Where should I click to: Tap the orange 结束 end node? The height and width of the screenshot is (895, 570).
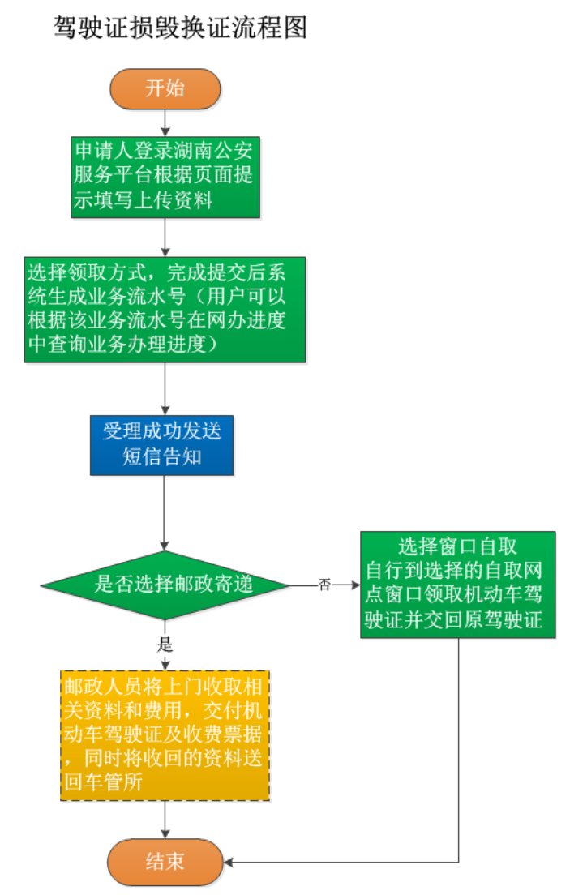(165, 862)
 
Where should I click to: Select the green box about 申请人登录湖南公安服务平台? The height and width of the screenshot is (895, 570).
(165, 177)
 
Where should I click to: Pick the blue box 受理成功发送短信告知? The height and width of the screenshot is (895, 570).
(161, 445)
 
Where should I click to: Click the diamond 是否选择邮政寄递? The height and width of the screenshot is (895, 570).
(165, 584)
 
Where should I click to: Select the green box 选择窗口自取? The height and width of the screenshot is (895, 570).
(458, 584)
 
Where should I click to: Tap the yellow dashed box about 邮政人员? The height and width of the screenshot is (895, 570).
(165, 735)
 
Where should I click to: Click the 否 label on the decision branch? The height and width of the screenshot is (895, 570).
(324, 585)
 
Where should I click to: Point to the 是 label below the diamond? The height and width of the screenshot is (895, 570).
(165, 645)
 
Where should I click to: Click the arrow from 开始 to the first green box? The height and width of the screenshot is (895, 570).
(165, 122)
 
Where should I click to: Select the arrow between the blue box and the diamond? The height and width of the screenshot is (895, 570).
(165, 511)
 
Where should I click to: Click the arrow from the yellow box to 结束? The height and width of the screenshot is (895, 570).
(165, 819)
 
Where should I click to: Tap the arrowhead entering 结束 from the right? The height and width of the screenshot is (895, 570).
(229, 862)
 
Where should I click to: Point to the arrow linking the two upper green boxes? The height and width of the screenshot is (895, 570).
(165, 237)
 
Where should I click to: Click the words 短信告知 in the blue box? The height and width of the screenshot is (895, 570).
(161, 457)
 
